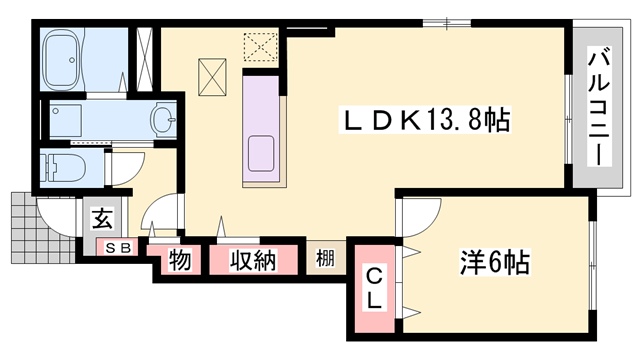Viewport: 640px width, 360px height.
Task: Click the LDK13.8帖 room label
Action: (x=427, y=122)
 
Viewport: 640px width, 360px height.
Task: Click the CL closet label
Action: (x=372, y=287)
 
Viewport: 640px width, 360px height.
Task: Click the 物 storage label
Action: (x=179, y=261)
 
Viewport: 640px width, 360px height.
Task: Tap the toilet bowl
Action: (x=65, y=168)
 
